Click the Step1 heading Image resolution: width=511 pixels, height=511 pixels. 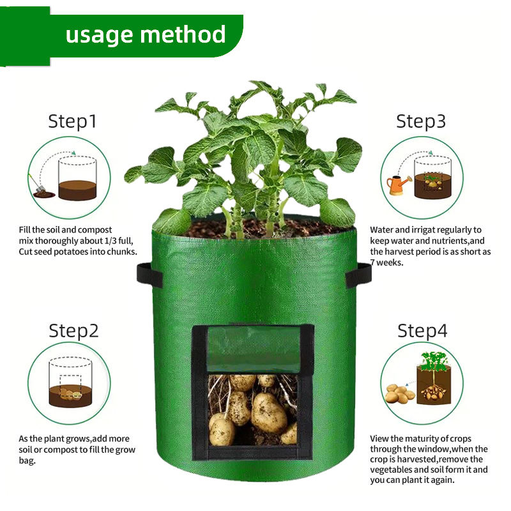click(72, 121)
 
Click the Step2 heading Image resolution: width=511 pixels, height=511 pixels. click(73, 331)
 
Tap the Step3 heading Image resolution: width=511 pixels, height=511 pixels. click(421, 121)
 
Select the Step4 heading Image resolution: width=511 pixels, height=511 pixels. click(422, 331)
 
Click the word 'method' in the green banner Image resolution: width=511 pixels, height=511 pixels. click(183, 34)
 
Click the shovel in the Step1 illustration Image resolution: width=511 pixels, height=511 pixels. click(37, 184)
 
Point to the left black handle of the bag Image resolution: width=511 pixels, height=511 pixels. click(149, 275)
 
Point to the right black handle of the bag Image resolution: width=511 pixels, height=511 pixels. click(358, 275)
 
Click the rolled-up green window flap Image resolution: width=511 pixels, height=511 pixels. click(254, 349)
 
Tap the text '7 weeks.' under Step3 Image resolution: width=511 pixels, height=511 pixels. click(387, 263)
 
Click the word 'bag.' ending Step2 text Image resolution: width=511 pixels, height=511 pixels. click(27, 461)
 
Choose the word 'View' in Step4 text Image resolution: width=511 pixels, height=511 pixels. click(379, 438)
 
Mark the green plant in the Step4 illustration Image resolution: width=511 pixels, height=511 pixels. click(433, 361)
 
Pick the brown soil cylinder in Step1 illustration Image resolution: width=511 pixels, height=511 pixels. click(77, 190)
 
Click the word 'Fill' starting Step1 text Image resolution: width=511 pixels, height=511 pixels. click(24, 230)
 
